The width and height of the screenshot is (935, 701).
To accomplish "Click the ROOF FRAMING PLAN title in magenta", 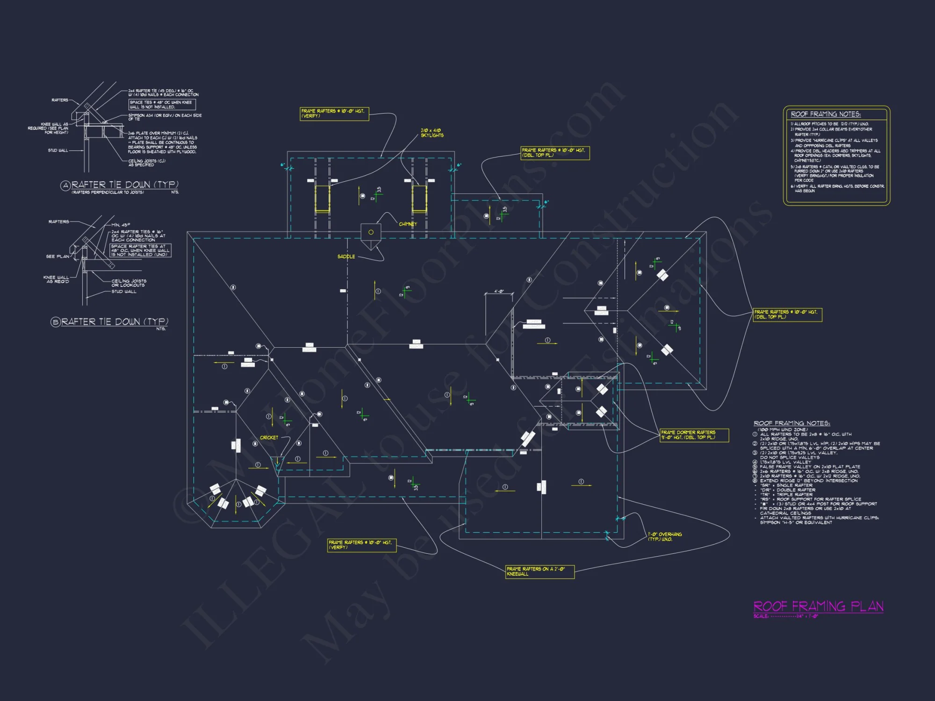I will (x=818, y=607).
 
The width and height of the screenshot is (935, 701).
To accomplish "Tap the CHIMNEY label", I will (x=408, y=224).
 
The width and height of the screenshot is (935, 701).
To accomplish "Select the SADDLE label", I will (x=346, y=257).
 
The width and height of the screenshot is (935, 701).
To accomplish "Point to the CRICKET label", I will (x=269, y=438).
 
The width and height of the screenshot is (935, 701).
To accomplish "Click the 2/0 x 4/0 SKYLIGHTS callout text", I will (x=432, y=133).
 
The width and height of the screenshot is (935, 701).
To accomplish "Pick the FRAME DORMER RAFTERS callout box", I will (x=694, y=435).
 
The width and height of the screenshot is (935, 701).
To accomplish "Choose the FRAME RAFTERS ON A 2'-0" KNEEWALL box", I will (x=539, y=572).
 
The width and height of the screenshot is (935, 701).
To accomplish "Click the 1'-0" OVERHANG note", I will (x=665, y=536).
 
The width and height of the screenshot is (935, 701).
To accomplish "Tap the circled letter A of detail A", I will (x=65, y=186).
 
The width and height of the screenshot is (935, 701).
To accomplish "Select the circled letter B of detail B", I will (x=56, y=322).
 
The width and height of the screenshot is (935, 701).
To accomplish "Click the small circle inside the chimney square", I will (x=371, y=232).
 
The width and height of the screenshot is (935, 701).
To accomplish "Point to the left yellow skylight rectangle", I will (x=322, y=199).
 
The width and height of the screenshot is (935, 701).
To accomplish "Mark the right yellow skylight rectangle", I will (x=419, y=199).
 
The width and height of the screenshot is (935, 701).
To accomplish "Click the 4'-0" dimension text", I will (x=499, y=292).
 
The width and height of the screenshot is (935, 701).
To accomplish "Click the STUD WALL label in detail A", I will (x=58, y=150).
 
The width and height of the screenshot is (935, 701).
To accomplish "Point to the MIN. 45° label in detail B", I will (x=121, y=225).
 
